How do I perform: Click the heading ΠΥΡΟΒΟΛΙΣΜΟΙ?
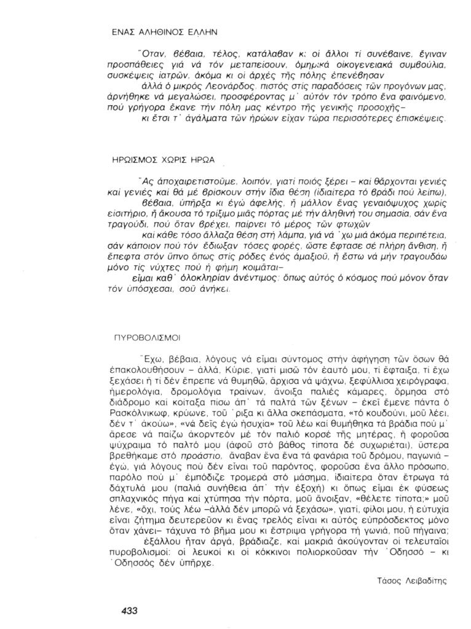coord(147,338)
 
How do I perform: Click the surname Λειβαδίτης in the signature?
coord(427,579)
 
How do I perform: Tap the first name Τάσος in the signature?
coord(387,579)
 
